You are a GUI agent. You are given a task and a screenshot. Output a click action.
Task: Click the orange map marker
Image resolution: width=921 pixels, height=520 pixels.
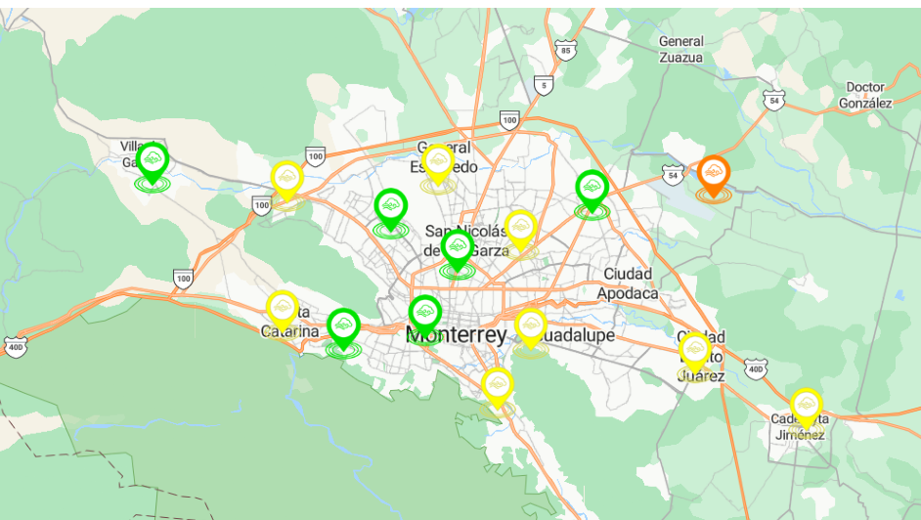pos(714,175)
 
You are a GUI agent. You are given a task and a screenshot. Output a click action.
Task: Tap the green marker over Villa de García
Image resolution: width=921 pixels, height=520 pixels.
pos(152,160)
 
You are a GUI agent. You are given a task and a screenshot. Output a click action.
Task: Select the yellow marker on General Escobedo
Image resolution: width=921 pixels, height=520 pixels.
pos(438,164)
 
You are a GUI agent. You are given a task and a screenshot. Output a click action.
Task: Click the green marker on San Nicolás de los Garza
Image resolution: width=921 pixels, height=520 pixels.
pos(458,247)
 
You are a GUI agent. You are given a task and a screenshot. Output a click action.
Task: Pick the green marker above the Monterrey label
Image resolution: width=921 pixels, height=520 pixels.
pos(424,314)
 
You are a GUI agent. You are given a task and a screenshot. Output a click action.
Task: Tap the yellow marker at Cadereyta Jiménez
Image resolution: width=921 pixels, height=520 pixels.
pos(805,406)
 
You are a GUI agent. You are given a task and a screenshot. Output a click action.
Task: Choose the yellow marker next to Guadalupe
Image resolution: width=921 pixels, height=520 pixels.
pos(530,325)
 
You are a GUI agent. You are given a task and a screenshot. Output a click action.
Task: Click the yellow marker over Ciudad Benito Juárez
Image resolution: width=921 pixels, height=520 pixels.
pos(694,350)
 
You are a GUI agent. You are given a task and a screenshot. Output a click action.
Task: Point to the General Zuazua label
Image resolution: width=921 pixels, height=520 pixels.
pos(681,49)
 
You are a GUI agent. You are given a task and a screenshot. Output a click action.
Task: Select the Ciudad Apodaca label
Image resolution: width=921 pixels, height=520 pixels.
pos(631,282)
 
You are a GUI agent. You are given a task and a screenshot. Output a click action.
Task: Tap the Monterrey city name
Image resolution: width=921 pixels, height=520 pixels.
pos(457,336)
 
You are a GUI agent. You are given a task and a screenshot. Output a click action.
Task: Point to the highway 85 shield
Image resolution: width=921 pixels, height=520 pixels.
pos(565,50)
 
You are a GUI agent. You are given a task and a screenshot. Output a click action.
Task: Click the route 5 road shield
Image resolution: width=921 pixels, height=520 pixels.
pos(544,86)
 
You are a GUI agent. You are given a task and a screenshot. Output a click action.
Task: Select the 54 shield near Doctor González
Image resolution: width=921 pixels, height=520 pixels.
pos(774,101)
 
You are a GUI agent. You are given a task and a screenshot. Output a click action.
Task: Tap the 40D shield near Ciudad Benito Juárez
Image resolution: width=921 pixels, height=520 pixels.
pos(754,368)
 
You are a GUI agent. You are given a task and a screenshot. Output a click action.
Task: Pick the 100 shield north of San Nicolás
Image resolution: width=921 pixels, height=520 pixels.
pos(508,120)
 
